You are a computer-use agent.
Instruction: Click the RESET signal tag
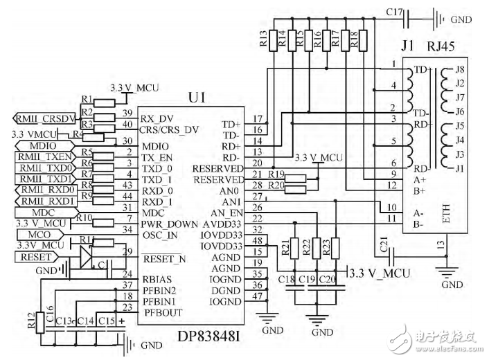34,258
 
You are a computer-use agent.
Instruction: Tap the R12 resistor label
30,320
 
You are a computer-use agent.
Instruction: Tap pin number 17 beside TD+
258,119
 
